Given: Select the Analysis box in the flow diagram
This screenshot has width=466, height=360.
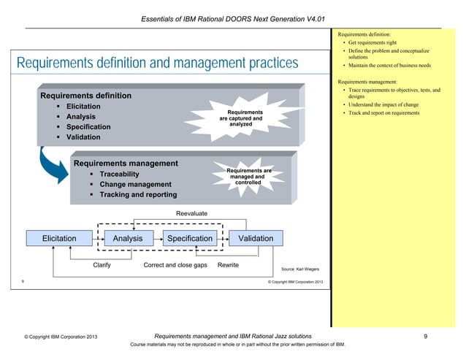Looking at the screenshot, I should pyautogui.click(x=123, y=238).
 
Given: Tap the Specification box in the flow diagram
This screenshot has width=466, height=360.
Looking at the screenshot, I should pyautogui.click(x=190, y=238).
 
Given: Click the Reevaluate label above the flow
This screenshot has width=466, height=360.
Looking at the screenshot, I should pyautogui.click(x=192, y=212).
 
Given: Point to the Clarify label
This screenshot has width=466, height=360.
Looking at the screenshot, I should pyautogui.click(x=102, y=265).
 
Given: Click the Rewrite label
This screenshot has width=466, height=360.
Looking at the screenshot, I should pyautogui.click(x=228, y=265).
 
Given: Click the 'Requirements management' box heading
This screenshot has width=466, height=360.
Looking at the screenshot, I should pyautogui.click(x=124, y=163).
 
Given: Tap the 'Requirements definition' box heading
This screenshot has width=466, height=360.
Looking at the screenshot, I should pyautogui.click(x=85, y=96).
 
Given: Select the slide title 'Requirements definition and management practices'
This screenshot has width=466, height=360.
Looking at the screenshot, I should pyautogui.click(x=153, y=64).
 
